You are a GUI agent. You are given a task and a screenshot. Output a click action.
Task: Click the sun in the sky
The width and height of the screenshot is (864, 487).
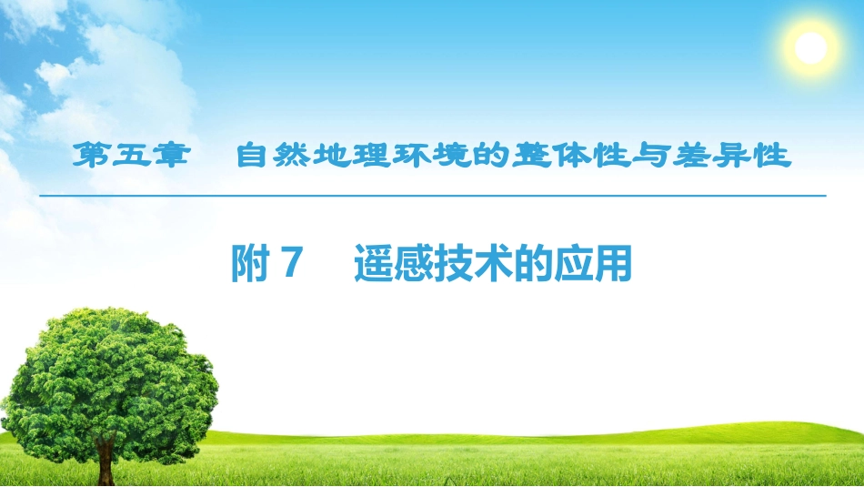pos(810,46)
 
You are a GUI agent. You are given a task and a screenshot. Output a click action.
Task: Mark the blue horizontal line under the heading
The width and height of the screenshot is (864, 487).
pos(433,196)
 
